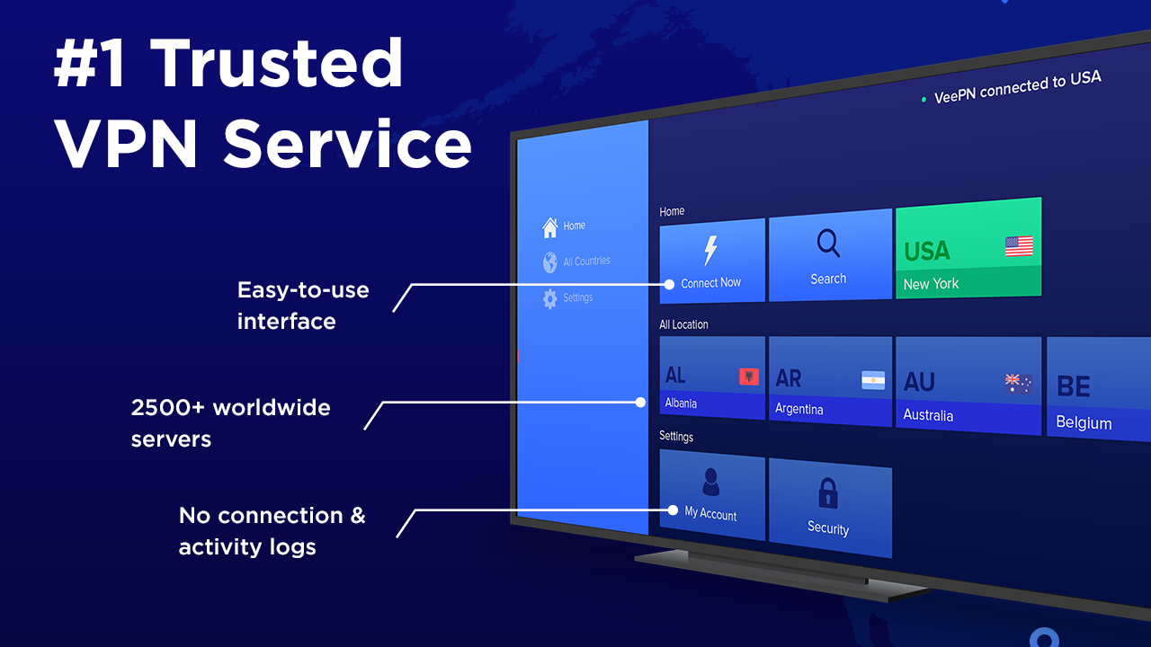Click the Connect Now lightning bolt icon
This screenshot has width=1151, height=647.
tap(710, 251)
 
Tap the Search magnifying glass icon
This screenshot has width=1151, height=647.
tap(828, 244)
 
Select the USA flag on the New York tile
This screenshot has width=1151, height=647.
tap(1019, 246)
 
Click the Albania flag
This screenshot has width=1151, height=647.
tap(748, 376)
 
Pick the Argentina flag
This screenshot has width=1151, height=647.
tap(872, 380)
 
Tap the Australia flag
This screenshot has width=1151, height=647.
tap(1018, 384)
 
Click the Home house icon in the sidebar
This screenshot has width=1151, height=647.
tap(549, 228)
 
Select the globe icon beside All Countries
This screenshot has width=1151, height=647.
tap(549, 262)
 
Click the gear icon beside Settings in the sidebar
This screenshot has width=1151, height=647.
tap(549, 299)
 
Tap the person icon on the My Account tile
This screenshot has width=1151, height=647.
tap(710, 482)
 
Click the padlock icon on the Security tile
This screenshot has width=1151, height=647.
tap(828, 493)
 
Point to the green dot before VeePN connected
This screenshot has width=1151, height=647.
tap(923, 100)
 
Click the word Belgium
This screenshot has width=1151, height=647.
tap(1084, 422)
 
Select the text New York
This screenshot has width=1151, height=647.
tap(931, 284)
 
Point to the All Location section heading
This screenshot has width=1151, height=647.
tap(683, 324)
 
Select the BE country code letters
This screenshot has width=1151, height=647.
tap(1073, 386)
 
